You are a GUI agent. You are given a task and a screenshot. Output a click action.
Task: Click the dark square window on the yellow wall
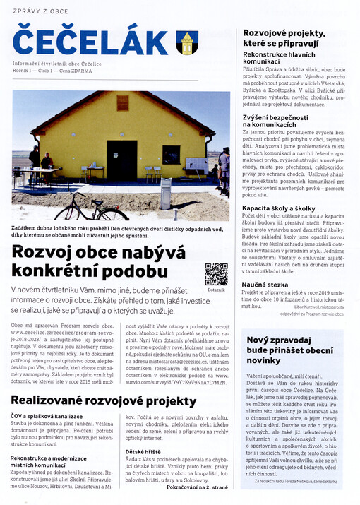(171, 155)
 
